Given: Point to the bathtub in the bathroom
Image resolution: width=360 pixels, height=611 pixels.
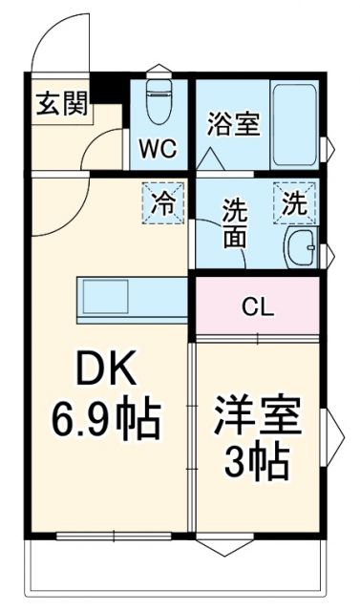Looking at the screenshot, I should click(295, 123).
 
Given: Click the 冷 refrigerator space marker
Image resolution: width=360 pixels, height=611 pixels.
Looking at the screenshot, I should click(164, 201).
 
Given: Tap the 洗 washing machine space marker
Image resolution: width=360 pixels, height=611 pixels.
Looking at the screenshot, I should click(296, 202).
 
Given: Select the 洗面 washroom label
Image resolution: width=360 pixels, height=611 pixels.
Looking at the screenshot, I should click(235, 222).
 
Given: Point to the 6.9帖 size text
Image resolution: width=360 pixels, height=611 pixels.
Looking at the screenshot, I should click(105, 416).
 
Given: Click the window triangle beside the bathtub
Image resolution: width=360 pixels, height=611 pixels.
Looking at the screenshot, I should click(329, 147).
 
